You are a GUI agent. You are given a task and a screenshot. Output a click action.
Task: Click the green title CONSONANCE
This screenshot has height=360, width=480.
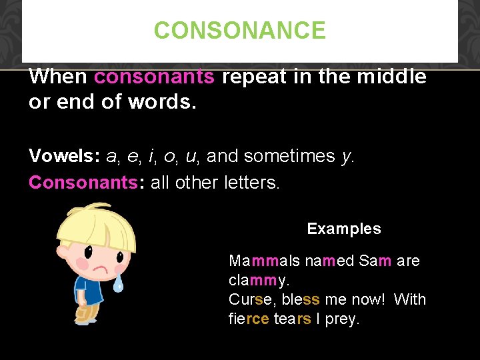click(240, 31)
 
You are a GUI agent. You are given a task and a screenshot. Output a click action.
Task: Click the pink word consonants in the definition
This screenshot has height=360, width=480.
click(154, 77)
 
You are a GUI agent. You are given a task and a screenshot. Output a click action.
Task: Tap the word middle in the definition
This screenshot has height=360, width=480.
click(391, 77)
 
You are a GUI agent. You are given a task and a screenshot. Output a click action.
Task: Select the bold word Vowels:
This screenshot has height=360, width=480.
click(64, 156)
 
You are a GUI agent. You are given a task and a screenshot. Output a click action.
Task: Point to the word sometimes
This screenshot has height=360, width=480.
click(289, 156)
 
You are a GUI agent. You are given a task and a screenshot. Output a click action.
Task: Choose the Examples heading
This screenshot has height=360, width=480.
click(344, 229)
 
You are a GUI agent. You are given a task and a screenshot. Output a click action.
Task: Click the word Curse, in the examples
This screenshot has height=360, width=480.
click(251, 299)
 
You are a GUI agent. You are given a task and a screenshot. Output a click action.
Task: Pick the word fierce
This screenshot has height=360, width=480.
click(249, 319)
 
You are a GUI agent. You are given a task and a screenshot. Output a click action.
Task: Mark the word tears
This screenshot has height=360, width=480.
click(292, 319)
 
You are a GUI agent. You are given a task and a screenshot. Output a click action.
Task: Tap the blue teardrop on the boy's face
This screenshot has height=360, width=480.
click(118, 285)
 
